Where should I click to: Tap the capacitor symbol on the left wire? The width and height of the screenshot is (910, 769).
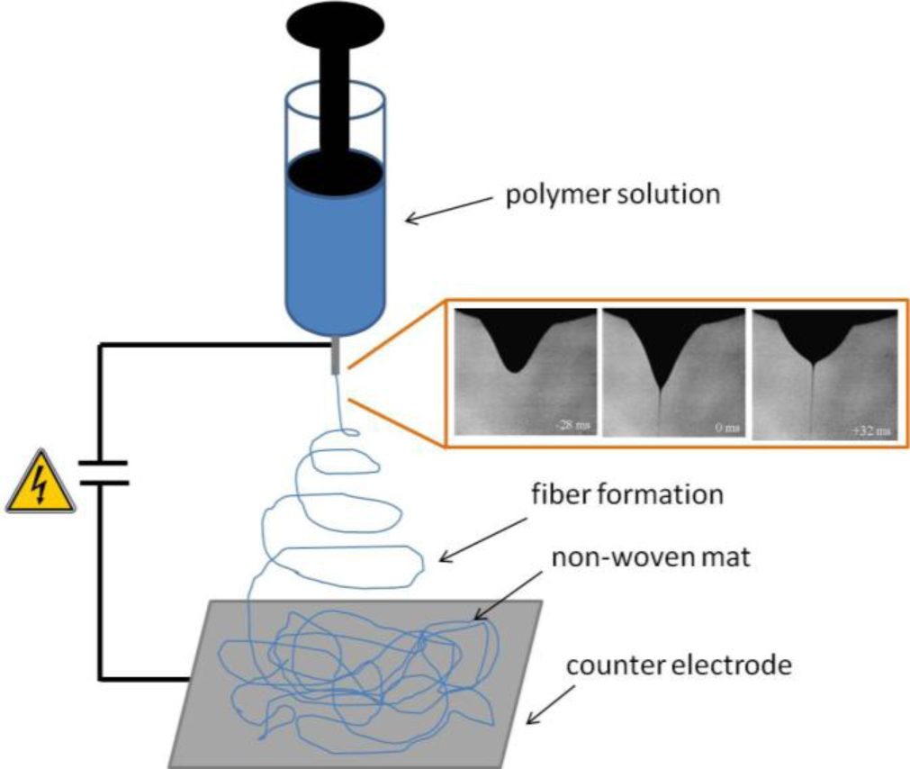[100, 473]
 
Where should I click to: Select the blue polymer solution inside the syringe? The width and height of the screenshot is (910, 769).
[335, 252]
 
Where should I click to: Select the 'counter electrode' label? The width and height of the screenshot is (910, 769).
[678, 667]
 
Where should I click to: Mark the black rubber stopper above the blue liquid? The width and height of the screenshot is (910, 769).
[335, 172]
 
